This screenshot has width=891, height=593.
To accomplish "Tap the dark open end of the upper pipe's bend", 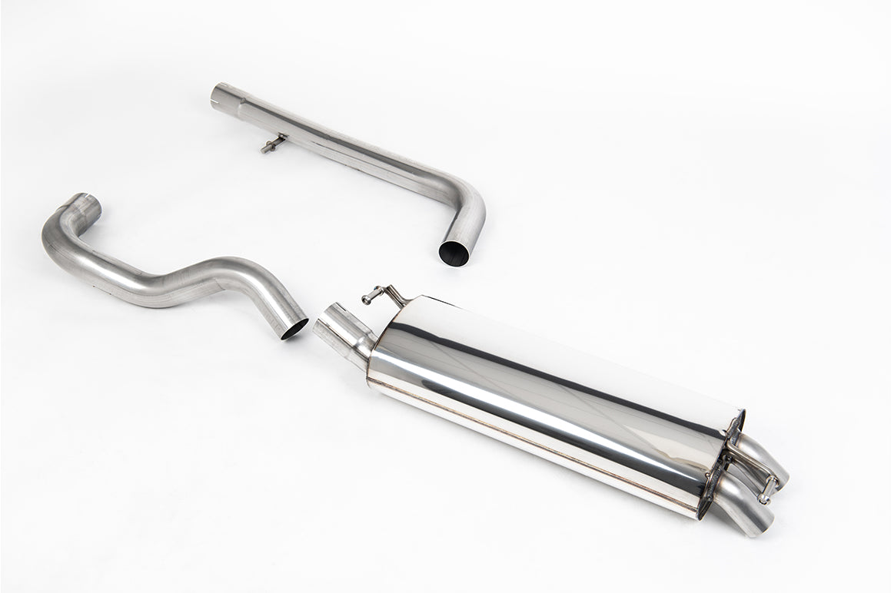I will (x=454, y=252).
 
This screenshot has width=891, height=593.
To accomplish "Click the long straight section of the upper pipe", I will (x=346, y=146).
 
